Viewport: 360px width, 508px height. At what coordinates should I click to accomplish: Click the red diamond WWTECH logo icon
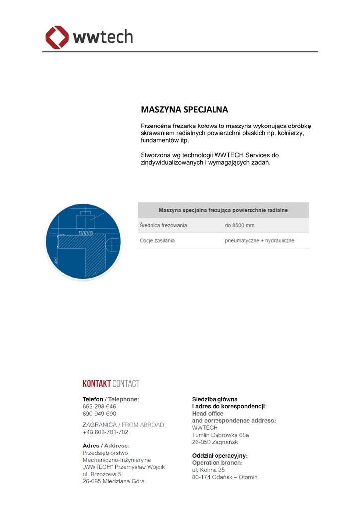pyautogui.click(x=57, y=38)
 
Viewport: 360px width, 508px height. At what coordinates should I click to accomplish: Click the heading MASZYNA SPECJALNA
pyautogui.click(x=184, y=109)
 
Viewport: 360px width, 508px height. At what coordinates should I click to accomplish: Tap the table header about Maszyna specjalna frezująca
pyautogui.click(x=223, y=210)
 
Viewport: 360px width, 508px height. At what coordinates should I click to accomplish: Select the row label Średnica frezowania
pyautogui.click(x=163, y=226)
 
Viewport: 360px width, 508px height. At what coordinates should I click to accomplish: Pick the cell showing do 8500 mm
pyautogui.click(x=239, y=226)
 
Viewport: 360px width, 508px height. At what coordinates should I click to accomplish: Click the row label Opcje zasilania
pyautogui.click(x=157, y=241)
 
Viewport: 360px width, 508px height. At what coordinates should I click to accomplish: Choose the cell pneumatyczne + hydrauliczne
pyautogui.click(x=259, y=241)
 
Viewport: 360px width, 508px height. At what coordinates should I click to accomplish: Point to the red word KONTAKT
pyautogui.click(x=96, y=383)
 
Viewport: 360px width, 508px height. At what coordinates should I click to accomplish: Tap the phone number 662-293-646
pyautogui.click(x=99, y=406)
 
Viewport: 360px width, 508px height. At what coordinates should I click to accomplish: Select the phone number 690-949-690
pyautogui.click(x=99, y=413)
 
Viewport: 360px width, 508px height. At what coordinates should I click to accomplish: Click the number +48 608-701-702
pyautogui.click(x=105, y=432)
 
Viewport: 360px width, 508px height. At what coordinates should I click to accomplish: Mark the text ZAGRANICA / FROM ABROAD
pyautogui.click(x=124, y=425)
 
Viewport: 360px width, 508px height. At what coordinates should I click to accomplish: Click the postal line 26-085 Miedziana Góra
pyautogui.click(x=114, y=481)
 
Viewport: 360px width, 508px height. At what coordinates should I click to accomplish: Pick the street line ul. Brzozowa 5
pyautogui.click(x=102, y=474)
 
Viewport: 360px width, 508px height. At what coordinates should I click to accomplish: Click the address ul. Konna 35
pyautogui.click(x=209, y=470)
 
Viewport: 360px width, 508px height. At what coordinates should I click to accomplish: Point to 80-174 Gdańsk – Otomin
pyautogui.click(x=224, y=477)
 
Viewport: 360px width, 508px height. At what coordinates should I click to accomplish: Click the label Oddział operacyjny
pyautogui.click(x=219, y=455)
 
